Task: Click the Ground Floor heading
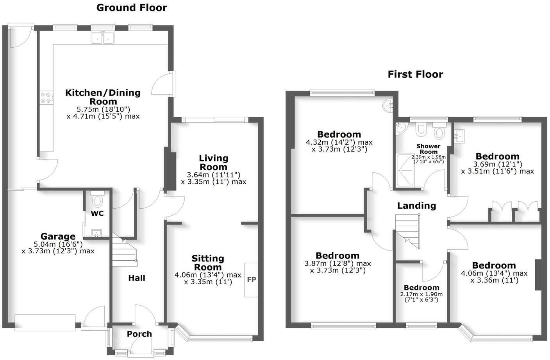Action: pyautogui.click(x=132, y=8)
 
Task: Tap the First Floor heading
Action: pyautogui.click(x=415, y=74)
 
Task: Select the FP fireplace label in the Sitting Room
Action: pyautogui.click(x=252, y=280)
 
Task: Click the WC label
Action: pyautogui.click(x=97, y=213)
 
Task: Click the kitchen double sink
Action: pyautogui.click(x=102, y=38)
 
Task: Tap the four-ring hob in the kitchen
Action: pyautogui.click(x=46, y=97)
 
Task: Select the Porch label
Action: pyautogui.click(x=139, y=334)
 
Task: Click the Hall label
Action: pyautogui.click(x=137, y=278)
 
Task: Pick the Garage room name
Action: pyautogui.click(x=58, y=236)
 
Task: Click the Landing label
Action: pyautogui.click(x=416, y=206)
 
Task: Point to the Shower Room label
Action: pyautogui.click(x=429, y=149)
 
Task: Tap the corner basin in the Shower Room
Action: pyautogui.click(x=400, y=128)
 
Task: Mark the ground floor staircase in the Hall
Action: pyautogui.click(x=124, y=250)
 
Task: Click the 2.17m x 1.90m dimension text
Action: pyautogui.click(x=421, y=294)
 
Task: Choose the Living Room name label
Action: pyautogui.click(x=213, y=162)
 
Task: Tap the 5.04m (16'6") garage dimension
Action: pyautogui.click(x=58, y=244)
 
